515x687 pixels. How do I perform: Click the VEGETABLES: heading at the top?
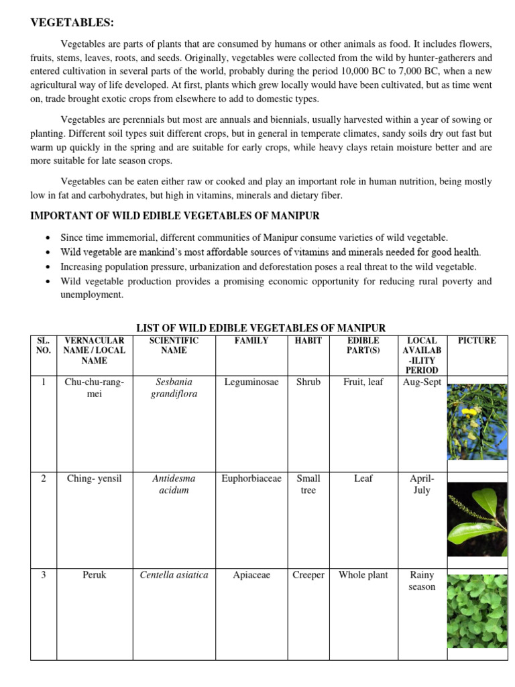pyautogui.click(x=72, y=23)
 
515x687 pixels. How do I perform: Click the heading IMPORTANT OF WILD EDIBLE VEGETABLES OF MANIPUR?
pyautogui.click(x=175, y=215)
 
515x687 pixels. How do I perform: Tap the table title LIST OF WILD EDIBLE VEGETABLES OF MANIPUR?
pyautogui.click(x=261, y=328)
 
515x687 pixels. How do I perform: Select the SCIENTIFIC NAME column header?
pyautogui.click(x=174, y=346)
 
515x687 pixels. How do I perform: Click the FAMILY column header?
pyautogui.click(x=251, y=341)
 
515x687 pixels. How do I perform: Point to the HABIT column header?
pyautogui.click(x=308, y=341)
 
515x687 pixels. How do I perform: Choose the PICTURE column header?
pyautogui.click(x=477, y=341)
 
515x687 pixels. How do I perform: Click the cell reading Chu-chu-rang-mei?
pyautogui.click(x=94, y=388)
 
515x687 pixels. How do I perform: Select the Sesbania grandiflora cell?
pyautogui.click(x=174, y=388)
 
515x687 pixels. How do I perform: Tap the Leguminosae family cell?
pyautogui.click(x=251, y=382)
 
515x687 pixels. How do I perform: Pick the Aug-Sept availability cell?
pyautogui.click(x=422, y=382)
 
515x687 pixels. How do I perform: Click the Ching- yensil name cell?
pyautogui.click(x=94, y=479)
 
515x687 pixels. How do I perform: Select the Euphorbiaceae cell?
pyautogui.click(x=251, y=479)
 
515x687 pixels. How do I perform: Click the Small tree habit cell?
pyautogui.click(x=308, y=484)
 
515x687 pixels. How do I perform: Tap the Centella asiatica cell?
pyautogui.click(x=174, y=575)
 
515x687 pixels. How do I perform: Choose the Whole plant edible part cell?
pyautogui.click(x=363, y=575)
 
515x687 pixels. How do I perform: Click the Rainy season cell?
pyautogui.click(x=422, y=581)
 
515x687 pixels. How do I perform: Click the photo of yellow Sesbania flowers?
pyautogui.click(x=477, y=421)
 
